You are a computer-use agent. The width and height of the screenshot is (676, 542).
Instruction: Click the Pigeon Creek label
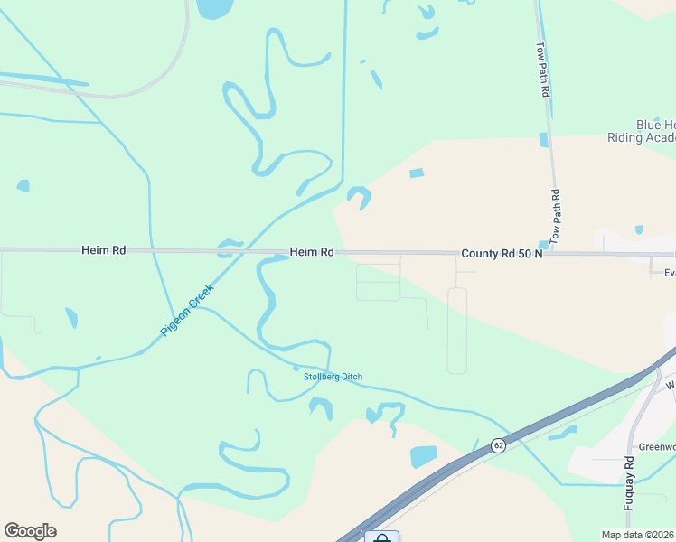click(x=187, y=310)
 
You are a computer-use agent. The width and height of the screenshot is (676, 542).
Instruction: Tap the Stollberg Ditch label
click(x=333, y=377)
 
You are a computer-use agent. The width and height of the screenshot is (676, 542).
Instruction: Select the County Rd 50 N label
click(x=501, y=254)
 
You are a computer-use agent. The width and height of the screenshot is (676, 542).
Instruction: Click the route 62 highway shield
click(x=498, y=445)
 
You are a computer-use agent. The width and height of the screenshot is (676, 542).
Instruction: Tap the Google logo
click(x=30, y=531)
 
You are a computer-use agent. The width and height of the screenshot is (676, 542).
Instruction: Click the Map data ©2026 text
click(x=638, y=534)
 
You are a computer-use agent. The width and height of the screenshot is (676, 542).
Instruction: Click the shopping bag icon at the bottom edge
click(x=381, y=538)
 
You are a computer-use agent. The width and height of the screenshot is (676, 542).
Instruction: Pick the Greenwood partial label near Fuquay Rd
click(x=658, y=446)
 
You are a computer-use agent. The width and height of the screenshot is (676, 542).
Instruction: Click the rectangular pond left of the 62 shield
click(x=423, y=456)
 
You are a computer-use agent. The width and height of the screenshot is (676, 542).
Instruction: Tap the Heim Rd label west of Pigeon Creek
click(x=103, y=250)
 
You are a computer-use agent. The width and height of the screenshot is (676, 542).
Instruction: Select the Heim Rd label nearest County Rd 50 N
click(x=312, y=252)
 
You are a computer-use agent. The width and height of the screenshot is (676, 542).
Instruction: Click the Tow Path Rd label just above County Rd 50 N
click(x=556, y=217)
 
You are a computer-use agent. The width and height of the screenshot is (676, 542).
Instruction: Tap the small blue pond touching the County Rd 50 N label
click(x=543, y=244)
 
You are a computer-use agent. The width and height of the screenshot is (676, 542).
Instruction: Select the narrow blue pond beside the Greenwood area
click(x=563, y=433)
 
